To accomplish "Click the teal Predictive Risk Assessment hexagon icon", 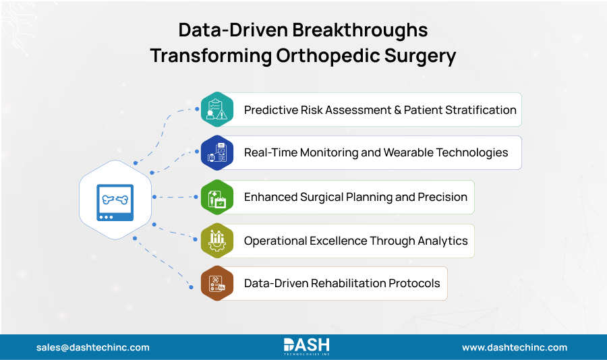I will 217,109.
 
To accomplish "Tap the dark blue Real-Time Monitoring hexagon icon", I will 217,152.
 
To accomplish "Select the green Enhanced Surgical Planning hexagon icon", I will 217,197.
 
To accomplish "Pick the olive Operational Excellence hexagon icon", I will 217,241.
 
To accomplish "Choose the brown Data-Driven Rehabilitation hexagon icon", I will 217,283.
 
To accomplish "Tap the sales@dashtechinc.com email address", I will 93,348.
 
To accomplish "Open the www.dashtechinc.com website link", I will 514,348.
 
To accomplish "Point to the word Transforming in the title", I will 211,56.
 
